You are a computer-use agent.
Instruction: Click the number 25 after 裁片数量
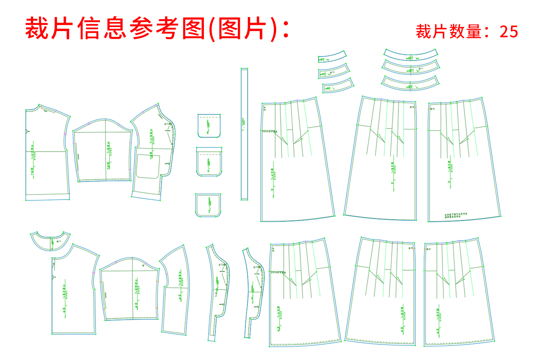[x=508, y=32]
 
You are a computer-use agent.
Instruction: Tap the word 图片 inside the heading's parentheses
[x=242, y=28]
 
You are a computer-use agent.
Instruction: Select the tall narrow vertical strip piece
[x=244, y=134]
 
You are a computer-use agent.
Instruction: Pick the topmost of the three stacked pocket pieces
[x=209, y=125]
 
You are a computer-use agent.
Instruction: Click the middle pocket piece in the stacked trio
[x=209, y=162]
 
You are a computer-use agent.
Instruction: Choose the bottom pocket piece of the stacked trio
[x=208, y=205]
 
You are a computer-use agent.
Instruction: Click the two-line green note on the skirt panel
[x=455, y=215]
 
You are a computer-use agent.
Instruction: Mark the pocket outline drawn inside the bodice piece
[x=148, y=166]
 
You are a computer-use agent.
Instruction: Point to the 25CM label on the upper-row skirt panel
[x=270, y=131]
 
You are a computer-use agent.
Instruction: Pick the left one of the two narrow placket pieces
[x=218, y=292]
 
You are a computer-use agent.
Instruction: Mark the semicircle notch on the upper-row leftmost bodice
[x=27, y=131]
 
